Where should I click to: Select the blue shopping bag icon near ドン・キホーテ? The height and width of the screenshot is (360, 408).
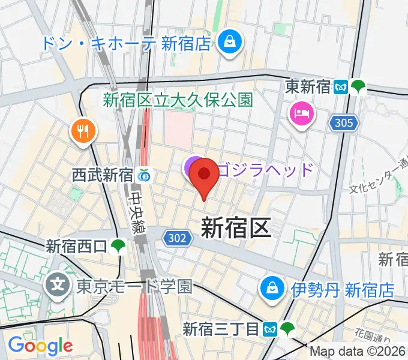click(229, 42)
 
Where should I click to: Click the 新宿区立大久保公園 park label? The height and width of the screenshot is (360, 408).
click(178, 100)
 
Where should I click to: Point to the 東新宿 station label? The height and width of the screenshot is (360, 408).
click(308, 87)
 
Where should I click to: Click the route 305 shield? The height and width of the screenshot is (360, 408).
click(344, 123)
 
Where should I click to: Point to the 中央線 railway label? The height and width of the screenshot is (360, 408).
click(137, 211)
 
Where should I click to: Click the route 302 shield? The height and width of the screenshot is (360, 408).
click(177, 239)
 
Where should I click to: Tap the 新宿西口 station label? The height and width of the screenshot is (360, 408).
click(77, 245)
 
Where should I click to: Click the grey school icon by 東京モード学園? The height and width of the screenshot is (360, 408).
click(59, 282)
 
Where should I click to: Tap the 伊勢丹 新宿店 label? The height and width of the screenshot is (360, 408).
click(343, 290)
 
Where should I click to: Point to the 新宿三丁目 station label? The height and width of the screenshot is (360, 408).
click(221, 329)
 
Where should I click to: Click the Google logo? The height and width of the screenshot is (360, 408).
click(40, 346)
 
